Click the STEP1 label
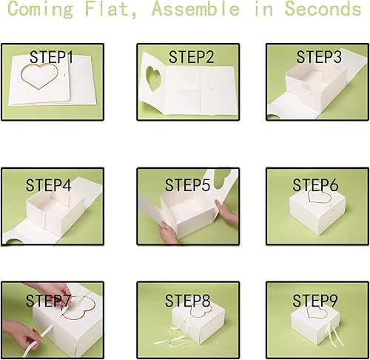pyautogui.click(x=52, y=56)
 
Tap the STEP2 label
pyautogui.click(x=191, y=56)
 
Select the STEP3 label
pyautogui.click(x=319, y=57)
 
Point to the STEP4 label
pyautogui.click(x=49, y=185)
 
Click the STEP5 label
pyautogui.click(x=189, y=184)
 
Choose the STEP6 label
pyautogui.click(x=315, y=184)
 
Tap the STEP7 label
pyautogui.click(x=49, y=301)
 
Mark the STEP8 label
pyautogui.click(x=189, y=301)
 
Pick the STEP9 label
pyautogui.click(x=315, y=301)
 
